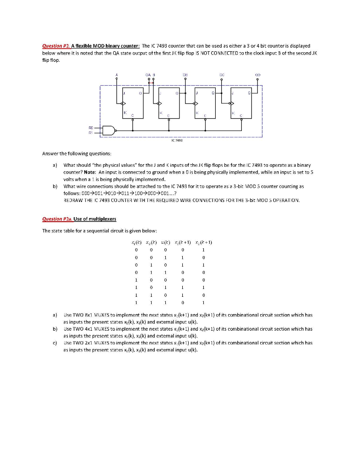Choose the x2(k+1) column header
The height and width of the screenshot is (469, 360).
pos(203,242)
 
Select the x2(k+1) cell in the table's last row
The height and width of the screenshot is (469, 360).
pos(203,302)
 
